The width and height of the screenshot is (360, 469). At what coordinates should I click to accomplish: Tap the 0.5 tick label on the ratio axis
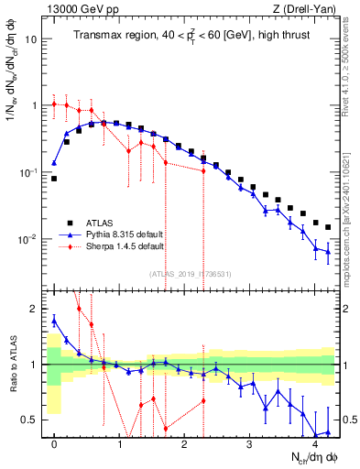pos(30,420)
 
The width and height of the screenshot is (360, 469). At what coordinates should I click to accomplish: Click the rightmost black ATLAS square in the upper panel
pos(327,227)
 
